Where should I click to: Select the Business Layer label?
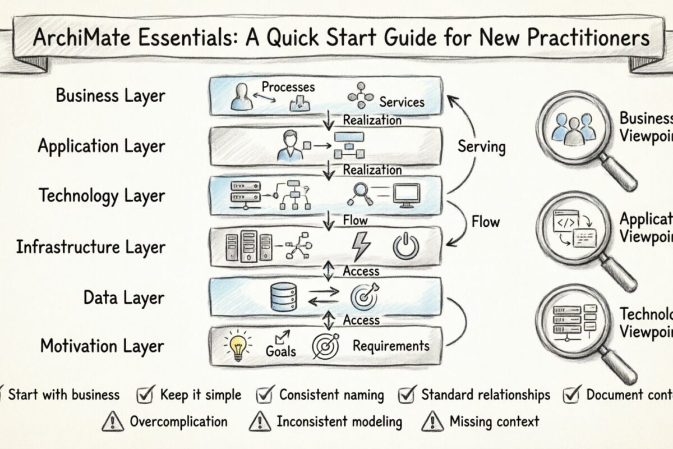[110, 95]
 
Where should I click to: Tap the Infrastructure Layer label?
[90, 247]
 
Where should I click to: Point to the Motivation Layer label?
[103, 346]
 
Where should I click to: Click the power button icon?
[405, 246]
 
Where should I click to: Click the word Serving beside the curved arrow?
[481, 147]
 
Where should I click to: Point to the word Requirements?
[391, 346]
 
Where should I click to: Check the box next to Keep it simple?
[145, 395]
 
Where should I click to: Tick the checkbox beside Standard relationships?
[407, 395]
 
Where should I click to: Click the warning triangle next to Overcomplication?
[113, 421]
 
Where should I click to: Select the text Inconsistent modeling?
[339, 421]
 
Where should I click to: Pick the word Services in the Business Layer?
[402, 102]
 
